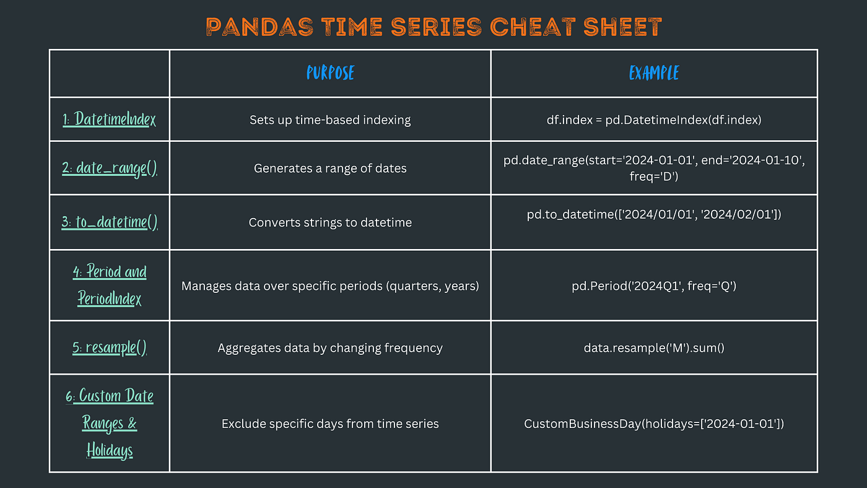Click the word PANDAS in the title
click(x=259, y=27)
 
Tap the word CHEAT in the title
click(x=533, y=27)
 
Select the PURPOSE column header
click(x=330, y=72)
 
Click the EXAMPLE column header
click(x=654, y=72)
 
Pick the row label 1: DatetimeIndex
click(x=109, y=119)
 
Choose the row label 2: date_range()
click(x=110, y=168)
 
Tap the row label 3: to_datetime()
click(x=110, y=222)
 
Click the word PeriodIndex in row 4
click(x=110, y=298)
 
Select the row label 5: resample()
click(x=110, y=347)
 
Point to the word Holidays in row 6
click(x=110, y=450)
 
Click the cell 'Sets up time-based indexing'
click(x=330, y=120)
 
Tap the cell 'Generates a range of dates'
click(x=330, y=168)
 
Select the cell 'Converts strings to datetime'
click(x=330, y=222)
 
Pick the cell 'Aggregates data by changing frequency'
click(x=330, y=348)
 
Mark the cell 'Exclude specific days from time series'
click(x=330, y=424)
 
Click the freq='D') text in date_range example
click(x=654, y=176)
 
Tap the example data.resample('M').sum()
click(x=654, y=348)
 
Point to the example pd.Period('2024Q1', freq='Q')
click(x=654, y=286)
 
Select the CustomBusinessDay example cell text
click(x=654, y=424)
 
